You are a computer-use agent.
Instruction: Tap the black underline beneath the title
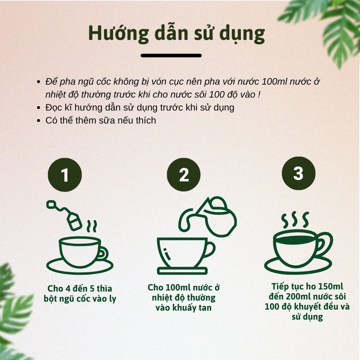171,55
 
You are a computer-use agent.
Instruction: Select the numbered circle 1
65,175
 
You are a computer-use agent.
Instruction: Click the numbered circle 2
184,175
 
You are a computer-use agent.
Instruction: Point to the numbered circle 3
298,174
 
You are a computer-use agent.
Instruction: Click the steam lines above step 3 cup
295,220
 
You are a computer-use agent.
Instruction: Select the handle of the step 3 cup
324,244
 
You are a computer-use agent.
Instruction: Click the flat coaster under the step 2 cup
182,271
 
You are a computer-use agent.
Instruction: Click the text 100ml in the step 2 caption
178,288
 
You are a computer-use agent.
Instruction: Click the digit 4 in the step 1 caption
68,289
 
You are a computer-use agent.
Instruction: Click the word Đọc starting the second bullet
53,108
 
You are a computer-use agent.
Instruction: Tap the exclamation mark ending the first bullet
259,95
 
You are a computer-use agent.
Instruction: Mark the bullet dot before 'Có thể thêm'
39,121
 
